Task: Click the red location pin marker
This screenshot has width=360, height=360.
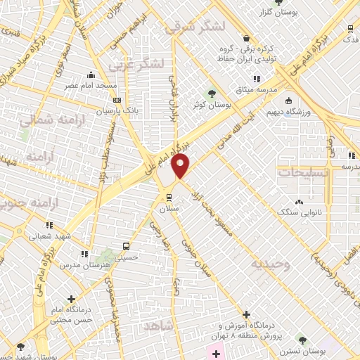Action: [x=181, y=166]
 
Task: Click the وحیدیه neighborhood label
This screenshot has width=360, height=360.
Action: [x=271, y=264]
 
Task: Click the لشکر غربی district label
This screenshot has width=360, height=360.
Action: [x=137, y=65]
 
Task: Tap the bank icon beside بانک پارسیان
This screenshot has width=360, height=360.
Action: [x=117, y=100]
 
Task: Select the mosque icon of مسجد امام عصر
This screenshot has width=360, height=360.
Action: [x=90, y=75]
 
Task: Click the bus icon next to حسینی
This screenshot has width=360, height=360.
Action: [x=125, y=247]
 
